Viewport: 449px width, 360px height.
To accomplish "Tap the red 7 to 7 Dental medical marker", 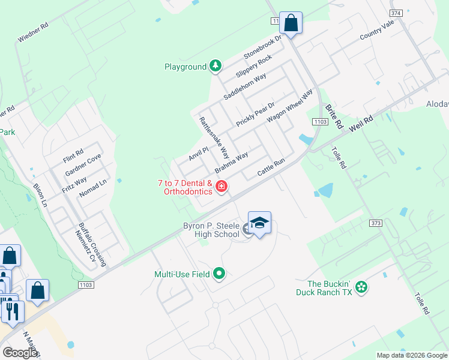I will (x=221, y=187).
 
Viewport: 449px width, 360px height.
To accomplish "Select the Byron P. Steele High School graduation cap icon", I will (x=259, y=223).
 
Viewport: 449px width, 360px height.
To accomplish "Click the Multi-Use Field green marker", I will (x=219, y=274).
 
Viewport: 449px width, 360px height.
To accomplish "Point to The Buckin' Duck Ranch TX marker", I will (x=361, y=287).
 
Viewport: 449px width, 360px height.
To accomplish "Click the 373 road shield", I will (x=376, y=223).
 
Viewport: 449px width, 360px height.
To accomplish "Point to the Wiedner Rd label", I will (x=32, y=34).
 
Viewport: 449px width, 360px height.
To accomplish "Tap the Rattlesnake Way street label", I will (x=214, y=137).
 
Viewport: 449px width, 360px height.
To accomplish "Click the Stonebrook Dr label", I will (x=262, y=47).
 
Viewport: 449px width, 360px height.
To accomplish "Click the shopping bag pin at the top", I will (x=291, y=23).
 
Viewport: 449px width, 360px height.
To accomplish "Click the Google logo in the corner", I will (x=20, y=353).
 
